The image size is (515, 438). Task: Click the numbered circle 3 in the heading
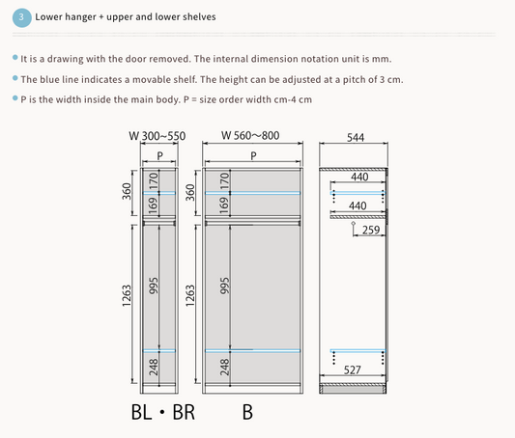pyautogui.click(x=21, y=17)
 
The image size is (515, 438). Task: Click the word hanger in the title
pyautogui.click(x=81, y=17)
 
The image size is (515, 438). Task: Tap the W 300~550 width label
pyautogui.click(x=157, y=136)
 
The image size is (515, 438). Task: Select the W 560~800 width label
pyautogui.click(x=250, y=135)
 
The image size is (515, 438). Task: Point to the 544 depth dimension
pyautogui.click(x=356, y=137)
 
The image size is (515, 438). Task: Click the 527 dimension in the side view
pyautogui.click(x=352, y=370)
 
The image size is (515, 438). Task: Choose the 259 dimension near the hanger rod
pyautogui.click(x=371, y=230)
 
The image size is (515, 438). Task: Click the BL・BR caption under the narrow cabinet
pyautogui.click(x=163, y=412)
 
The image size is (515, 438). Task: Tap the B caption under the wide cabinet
pyautogui.click(x=247, y=412)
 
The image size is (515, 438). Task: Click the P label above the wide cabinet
pyautogui.click(x=253, y=155)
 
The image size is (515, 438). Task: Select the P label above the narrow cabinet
pyautogui.click(x=159, y=155)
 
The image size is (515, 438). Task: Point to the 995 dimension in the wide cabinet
pyautogui.click(x=224, y=286)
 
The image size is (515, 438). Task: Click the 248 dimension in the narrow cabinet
pyautogui.click(x=154, y=367)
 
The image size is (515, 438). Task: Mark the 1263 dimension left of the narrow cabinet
pyautogui.click(x=127, y=296)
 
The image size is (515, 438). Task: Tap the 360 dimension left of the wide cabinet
pyautogui.click(x=189, y=192)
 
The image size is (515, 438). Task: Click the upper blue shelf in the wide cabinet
pyautogui.click(x=252, y=193)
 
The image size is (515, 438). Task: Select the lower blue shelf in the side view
pyautogui.click(x=358, y=351)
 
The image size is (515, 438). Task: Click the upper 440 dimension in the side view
pyautogui.click(x=359, y=178)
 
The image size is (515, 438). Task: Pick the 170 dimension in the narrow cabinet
pyautogui.click(x=154, y=181)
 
